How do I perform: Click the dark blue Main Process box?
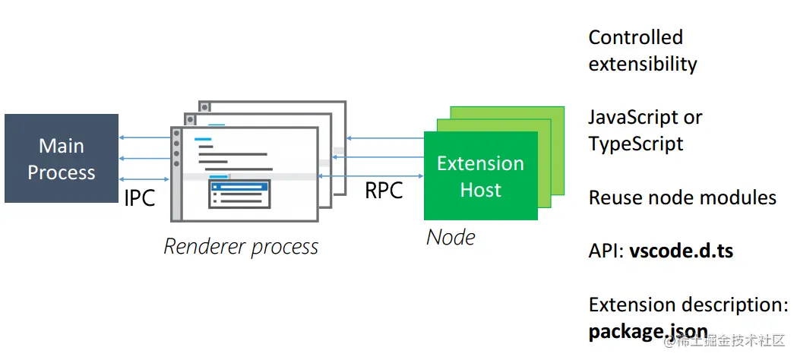click(x=61, y=158)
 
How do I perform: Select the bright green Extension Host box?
click(x=480, y=176)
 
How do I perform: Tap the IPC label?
click(x=140, y=197)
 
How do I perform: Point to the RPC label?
click(x=384, y=190)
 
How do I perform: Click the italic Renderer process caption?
click(x=241, y=247)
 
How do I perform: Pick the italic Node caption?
click(x=451, y=237)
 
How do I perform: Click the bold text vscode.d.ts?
click(x=681, y=251)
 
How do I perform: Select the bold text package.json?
click(x=648, y=333)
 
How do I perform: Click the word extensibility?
click(x=643, y=64)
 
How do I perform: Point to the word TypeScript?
click(x=636, y=144)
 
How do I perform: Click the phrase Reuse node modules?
click(x=682, y=198)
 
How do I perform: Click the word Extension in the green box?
click(x=480, y=163)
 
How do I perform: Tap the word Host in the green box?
click(x=480, y=190)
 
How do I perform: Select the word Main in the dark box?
click(x=62, y=145)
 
